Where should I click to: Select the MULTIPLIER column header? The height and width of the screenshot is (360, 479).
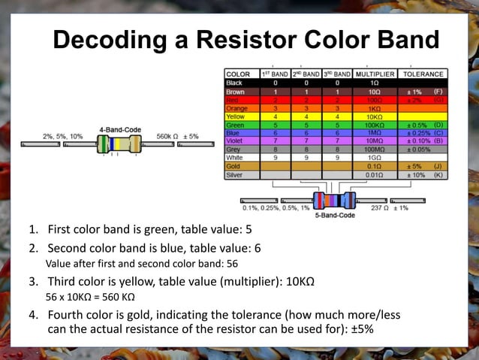(375, 74)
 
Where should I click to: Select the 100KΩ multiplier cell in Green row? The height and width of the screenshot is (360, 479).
(375, 125)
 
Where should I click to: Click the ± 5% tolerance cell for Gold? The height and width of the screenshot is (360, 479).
(417, 166)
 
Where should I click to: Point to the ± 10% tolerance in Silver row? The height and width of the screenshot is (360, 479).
(417, 174)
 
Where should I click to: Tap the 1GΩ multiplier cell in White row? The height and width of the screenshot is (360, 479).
(375, 158)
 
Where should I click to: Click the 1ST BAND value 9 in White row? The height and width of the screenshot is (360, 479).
(275, 158)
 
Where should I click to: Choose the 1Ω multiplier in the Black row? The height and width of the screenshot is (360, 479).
(375, 83)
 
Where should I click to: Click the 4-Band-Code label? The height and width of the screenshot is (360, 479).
(120, 129)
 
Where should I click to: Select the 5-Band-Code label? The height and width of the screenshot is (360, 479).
(335, 216)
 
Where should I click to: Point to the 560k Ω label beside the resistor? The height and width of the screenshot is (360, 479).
(167, 136)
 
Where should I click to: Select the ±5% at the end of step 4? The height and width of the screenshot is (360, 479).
(361, 328)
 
